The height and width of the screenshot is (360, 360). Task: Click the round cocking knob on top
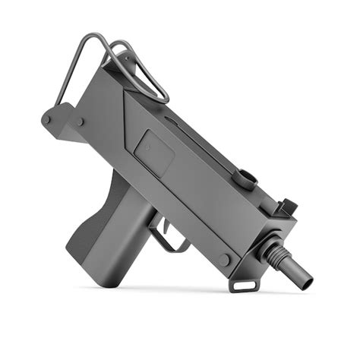pos(244,179)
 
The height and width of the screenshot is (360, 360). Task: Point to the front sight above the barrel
pos(288,207)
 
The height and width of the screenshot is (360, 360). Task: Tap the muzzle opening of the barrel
pos(305,280)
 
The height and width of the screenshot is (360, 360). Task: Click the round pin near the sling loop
pos(225,260)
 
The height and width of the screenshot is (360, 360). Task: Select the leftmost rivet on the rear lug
pos(47,119)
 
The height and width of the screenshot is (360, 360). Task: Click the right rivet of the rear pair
pos(79,121)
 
